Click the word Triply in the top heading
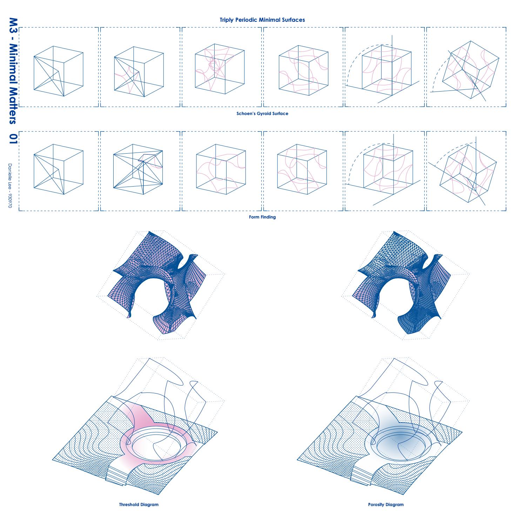coord(227,20)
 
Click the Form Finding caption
coord(262,217)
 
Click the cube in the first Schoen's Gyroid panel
coord(58,71)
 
